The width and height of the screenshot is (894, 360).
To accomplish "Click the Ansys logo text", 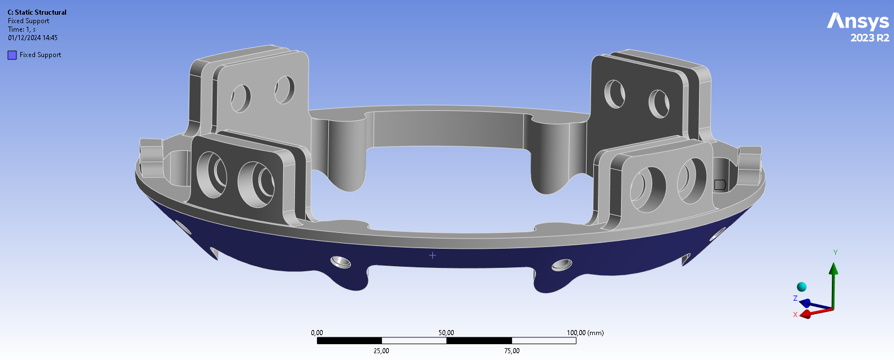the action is [x=858, y=21].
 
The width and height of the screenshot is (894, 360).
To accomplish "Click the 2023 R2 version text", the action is [x=870, y=38].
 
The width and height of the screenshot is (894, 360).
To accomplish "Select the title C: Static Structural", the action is [x=37, y=12].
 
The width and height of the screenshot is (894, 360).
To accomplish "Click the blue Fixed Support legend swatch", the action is [x=12, y=55].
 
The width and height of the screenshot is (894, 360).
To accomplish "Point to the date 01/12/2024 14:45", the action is [x=33, y=38].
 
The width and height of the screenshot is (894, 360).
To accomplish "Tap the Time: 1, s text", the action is [x=21, y=29].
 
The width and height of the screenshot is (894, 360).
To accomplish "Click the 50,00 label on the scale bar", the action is [x=446, y=333].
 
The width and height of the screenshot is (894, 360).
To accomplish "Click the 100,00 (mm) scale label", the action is [x=585, y=333].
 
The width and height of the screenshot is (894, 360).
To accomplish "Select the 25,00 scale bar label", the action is [x=381, y=351].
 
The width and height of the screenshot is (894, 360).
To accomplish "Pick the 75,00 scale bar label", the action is [x=511, y=351].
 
